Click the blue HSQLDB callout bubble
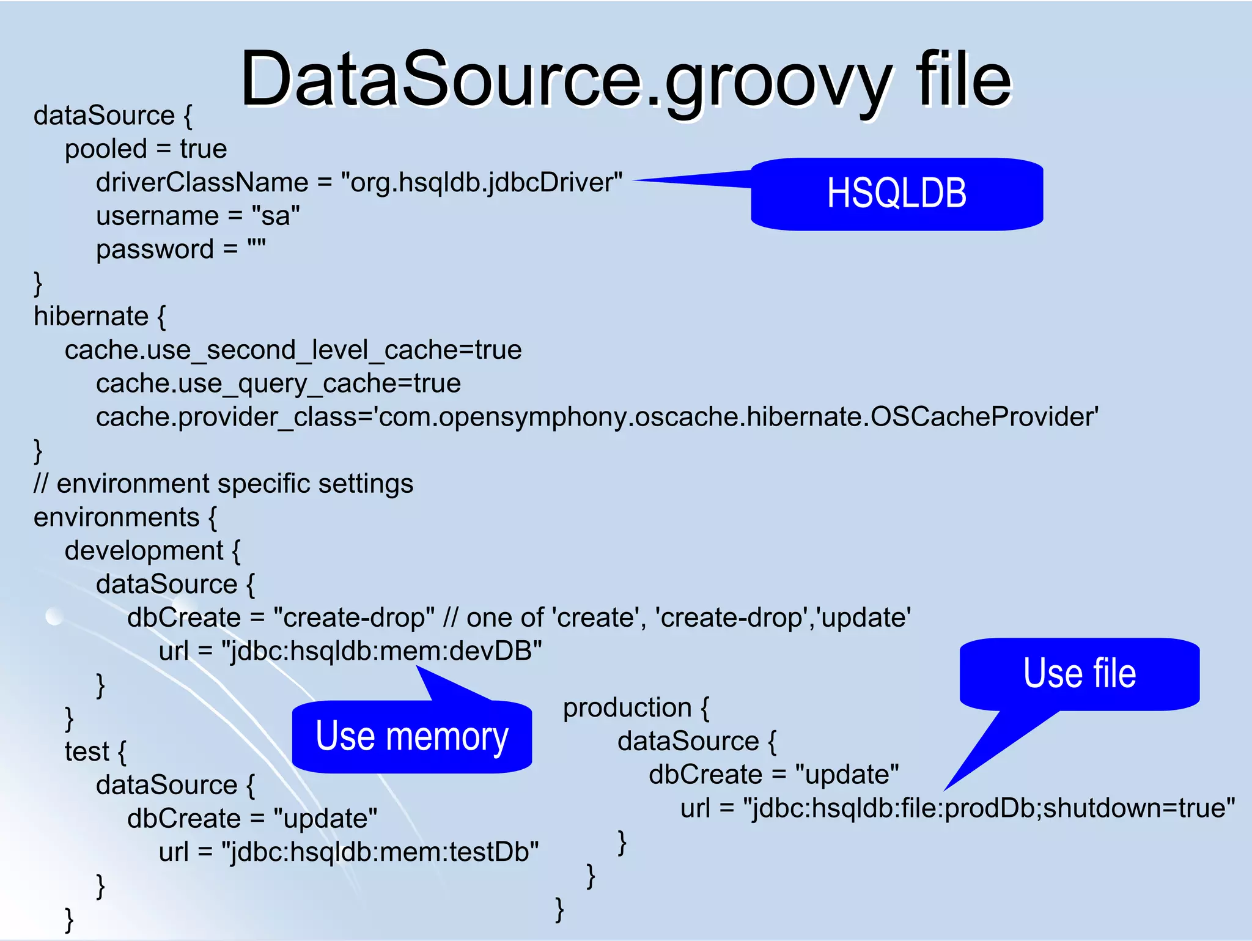coord(896,194)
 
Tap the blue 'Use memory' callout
coord(411,736)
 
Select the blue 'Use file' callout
coord(1079,673)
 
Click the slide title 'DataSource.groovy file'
coord(625,79)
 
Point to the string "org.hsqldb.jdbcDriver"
coord(482,182)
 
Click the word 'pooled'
coord(106,149)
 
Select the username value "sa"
coord(276,216)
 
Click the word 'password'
coord(155,249)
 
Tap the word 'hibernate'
coord(91,316)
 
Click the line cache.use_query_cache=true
coord(278,383)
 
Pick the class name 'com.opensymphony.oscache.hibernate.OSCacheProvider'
coord(737,417)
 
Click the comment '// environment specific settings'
coord(224,484)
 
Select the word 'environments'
coord(116,517)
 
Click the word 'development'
coord(144,551)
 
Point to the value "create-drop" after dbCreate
coord(354,618)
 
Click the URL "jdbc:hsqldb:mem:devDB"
coord(381,651)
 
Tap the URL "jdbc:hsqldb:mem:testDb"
coord(380,852)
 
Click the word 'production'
coord(627,707)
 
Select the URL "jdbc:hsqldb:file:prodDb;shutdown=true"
coord(989,808)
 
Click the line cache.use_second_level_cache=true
coord(293,350)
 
